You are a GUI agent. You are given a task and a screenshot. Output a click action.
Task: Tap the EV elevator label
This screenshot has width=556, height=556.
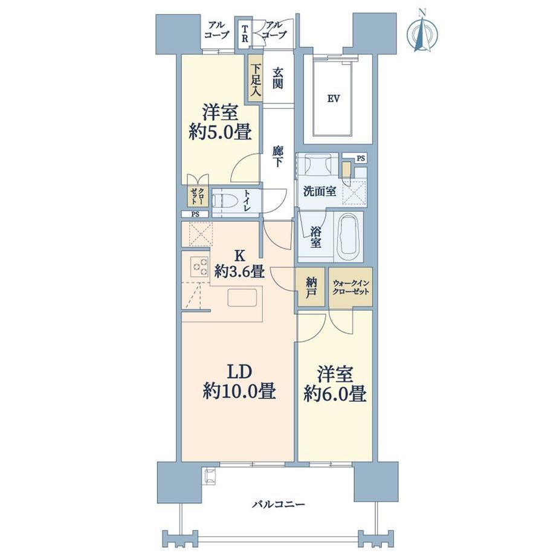coord(334,99)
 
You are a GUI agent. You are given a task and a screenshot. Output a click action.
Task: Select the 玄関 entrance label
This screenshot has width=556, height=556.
coord(277,78)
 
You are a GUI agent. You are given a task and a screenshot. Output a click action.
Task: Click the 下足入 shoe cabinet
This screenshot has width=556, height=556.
coord(255,79)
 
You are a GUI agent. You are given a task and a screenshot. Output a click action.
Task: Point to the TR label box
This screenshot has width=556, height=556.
coord(245,34)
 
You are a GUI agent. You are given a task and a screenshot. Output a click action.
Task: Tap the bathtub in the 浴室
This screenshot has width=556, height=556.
coord(349,236)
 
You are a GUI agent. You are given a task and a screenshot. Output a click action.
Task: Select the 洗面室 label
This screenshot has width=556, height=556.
coord(320,192)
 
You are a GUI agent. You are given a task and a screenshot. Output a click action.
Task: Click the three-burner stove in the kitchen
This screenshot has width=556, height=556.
coord(199,267)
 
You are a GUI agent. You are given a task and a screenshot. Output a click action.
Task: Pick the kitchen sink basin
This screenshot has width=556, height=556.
coord(242,297)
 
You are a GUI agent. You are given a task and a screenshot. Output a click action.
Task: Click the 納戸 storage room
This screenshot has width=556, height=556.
coord(311,287)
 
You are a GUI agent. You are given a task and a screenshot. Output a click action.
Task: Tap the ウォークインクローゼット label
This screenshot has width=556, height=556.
coord(351,287)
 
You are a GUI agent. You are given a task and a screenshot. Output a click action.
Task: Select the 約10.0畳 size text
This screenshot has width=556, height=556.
coord(239,392)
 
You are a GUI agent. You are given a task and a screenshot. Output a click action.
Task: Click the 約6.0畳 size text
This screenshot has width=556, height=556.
coord(335,394)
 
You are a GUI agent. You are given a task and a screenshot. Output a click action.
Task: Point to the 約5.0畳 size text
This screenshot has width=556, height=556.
coord(220,132)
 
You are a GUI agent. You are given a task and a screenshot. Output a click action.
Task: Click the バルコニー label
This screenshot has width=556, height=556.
coord(279,504)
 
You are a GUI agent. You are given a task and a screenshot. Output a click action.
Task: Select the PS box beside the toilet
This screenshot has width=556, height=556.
coord(195,214)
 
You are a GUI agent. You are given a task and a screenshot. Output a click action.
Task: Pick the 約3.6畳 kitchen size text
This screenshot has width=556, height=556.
coord(239,272)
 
